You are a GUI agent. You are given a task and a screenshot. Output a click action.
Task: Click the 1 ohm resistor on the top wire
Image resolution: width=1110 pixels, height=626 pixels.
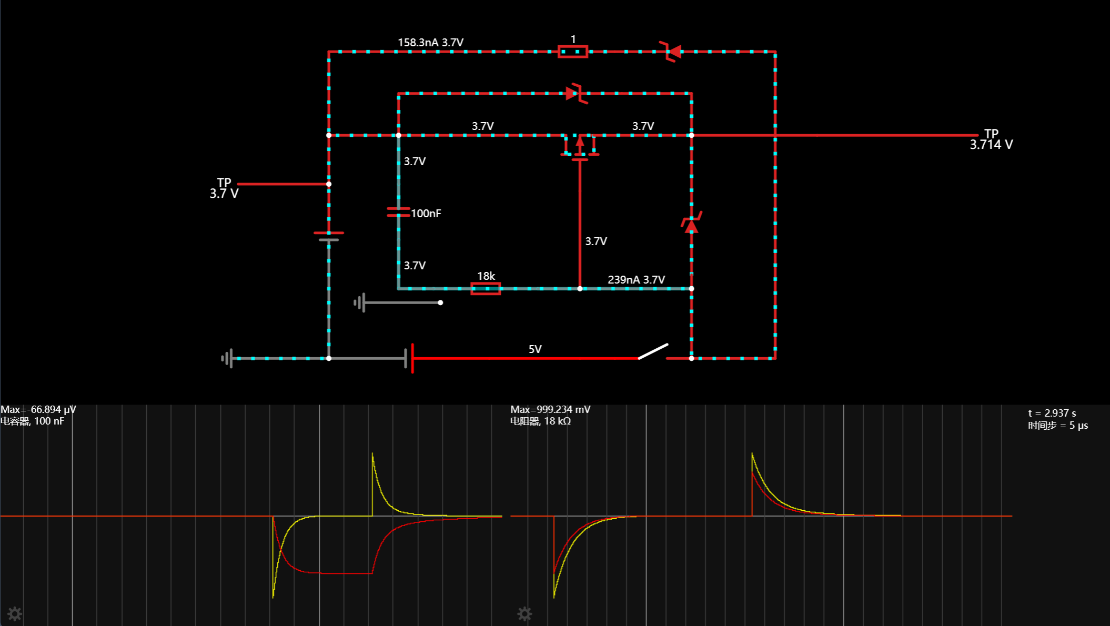(x=572, y=52)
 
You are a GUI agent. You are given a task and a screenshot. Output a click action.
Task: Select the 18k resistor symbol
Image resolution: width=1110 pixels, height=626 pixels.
(x=485, y=288)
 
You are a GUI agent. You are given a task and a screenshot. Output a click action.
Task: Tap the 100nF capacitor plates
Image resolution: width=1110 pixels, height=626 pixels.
(x=398, y=212)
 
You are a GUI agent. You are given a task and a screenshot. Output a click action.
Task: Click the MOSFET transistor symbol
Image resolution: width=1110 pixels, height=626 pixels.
(x=580, y=147)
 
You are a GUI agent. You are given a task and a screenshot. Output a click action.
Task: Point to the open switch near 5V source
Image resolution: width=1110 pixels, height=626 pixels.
(x=653, y=351)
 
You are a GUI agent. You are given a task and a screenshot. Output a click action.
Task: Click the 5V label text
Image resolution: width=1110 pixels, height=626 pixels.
(x=535, y=349)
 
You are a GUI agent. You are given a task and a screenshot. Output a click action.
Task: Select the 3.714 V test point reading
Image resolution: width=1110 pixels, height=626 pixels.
(x=991, y=145)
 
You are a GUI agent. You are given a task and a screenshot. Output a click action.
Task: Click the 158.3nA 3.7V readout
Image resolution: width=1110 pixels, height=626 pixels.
(x=430, y=43)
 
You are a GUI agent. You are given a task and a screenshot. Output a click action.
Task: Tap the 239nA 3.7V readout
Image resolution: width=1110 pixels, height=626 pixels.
(x=636, y=280)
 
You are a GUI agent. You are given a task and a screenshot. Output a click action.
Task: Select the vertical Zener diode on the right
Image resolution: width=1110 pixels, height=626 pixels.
(x=691, y=223)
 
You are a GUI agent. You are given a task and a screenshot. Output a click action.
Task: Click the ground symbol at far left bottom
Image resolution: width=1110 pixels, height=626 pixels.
(x=227, y=358)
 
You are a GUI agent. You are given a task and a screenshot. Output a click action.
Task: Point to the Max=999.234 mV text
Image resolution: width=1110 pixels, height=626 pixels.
(x=550, y=409)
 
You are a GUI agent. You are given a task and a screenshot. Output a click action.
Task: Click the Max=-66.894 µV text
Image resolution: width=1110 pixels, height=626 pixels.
(x=38, y=409)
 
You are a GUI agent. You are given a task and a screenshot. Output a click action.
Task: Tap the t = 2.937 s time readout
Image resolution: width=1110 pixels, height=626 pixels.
(x=1052, y=413)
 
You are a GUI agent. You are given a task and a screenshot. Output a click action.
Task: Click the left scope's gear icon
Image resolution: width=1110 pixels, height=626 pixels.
(x=15, y=613)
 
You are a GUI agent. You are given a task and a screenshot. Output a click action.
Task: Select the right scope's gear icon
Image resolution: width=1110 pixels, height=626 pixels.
(x=524, y=613)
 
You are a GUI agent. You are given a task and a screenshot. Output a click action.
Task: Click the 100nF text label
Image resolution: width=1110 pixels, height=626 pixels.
(x=426, y=214)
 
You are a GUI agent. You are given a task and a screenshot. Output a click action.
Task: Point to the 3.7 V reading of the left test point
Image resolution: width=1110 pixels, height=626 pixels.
(x=224, y=194)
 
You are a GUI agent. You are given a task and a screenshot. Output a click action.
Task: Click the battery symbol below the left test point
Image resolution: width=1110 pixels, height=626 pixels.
(x=329, y=236)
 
